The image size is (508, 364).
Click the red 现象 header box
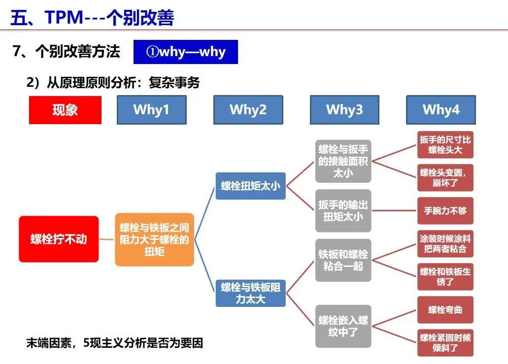click(65, 110)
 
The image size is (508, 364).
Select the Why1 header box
click(152, 110)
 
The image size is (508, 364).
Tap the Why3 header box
click(344, 110)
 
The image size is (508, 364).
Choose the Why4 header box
click(441, 110)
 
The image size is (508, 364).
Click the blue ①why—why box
click(186, 52)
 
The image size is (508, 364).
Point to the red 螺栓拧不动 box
click(59, 239)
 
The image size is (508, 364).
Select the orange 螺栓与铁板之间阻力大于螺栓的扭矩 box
click(155, 240)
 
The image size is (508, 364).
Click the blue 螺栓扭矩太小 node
click(250, 186)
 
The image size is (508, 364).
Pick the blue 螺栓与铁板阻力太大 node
click(250, 293)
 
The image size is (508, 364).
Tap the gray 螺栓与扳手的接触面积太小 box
click(343, 161)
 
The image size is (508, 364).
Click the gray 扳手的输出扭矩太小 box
click(343, 210)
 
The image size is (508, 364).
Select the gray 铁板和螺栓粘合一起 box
click(343, 260)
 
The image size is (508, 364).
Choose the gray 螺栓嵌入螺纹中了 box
click(343, 326)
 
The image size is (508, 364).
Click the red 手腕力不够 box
click(445, 210)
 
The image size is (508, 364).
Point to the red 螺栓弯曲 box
click(445, 310)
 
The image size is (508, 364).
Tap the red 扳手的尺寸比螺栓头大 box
click(445, 144)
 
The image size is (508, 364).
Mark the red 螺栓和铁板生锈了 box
click(445, 276)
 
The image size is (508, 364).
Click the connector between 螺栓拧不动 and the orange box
click(107, 239)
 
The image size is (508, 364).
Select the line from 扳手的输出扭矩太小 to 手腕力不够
click(394, 210)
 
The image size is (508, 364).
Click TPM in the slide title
click(64, 17)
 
